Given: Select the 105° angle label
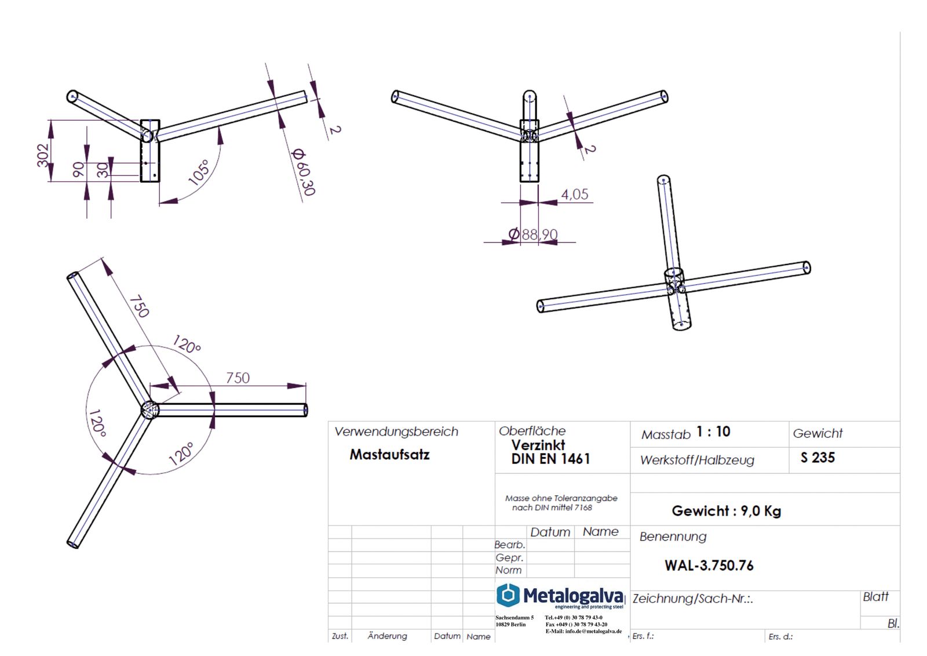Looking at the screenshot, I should [199, 173].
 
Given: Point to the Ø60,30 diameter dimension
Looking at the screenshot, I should [303, 172].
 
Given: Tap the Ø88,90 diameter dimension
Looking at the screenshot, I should [534, 234].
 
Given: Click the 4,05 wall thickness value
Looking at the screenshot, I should [574, 194].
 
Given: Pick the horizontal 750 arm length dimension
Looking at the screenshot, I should [238, 378].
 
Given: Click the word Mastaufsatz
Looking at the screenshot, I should [389, 455].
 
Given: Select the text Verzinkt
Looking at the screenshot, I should [538, 445].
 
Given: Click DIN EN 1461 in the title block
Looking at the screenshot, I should [550, 459].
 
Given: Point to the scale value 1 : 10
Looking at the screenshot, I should [713, 432].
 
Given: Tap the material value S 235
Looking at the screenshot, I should [817, 458].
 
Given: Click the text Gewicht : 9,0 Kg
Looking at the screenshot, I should [726, 511].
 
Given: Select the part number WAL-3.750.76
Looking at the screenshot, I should [709, 566].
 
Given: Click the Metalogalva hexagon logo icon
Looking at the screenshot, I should [508, 595].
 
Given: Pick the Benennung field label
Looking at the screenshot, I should [673, 537].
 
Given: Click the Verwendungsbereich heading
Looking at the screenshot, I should [396, 432].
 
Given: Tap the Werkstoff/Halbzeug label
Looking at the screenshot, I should [697, 461].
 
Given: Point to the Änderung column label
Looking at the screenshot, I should [387, 636].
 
